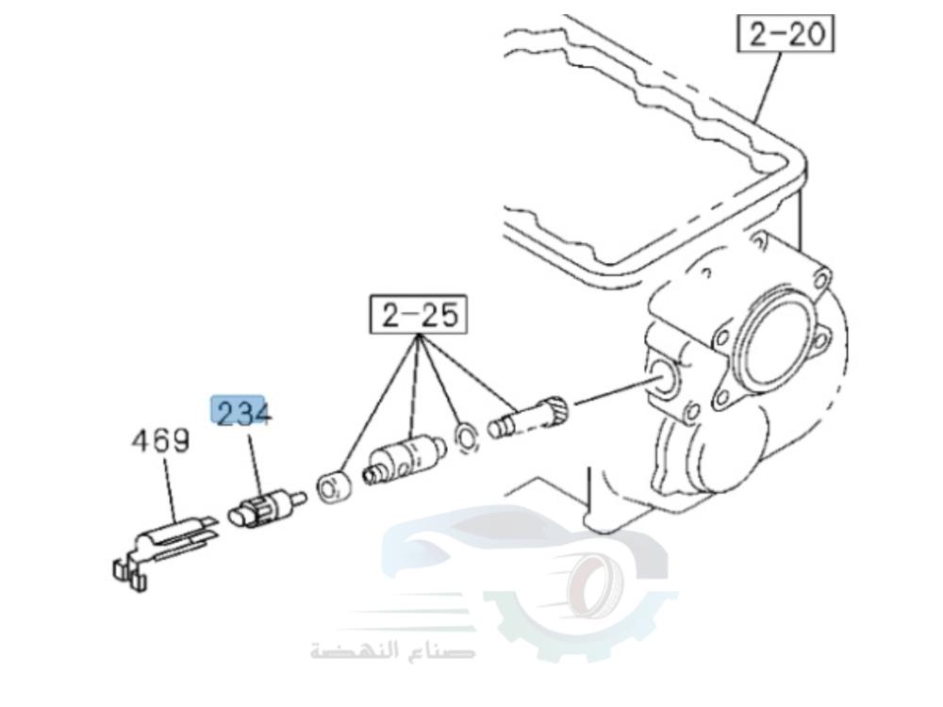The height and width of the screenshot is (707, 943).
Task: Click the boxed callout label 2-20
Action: tap(786, 35)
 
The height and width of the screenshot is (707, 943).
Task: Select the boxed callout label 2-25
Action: tap(420, 315)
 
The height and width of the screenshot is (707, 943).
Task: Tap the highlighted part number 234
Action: tap(241, 412)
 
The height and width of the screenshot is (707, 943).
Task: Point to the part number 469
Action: tap(159, 440)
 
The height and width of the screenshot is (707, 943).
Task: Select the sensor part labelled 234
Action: tap(261, 508)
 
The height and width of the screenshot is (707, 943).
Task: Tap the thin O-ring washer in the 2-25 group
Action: tap(464, 436)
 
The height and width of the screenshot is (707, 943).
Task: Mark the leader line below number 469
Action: tap(169, 490)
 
